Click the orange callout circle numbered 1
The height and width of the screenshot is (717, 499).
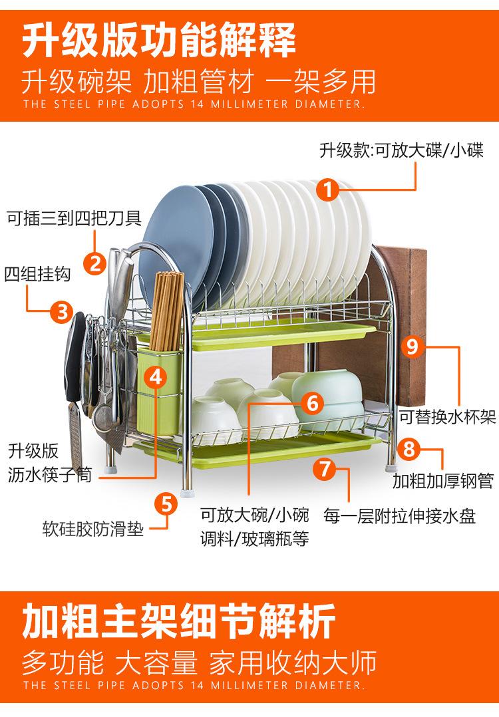(x=327, y=190)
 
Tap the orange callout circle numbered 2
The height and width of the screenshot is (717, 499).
(x=95, y=264)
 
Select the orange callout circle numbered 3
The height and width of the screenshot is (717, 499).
(x=62, y=312)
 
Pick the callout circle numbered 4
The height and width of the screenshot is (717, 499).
(x=156, y=378)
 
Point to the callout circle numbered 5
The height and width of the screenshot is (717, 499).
(x=166, y=504)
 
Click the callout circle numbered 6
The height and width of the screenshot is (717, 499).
(x=313, y=403)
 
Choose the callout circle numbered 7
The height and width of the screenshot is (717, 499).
(x=325, y=469)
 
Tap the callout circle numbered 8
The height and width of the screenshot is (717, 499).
(x=409, y=450)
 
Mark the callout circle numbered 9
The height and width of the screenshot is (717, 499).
(x=412, y=346)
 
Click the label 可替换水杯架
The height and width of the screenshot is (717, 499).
(x=447, y=416)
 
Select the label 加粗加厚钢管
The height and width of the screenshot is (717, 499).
(x=443, y=481)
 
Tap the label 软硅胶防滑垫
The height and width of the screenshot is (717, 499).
(x=93, y=529)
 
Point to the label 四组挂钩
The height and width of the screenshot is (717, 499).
(x=37, y=274)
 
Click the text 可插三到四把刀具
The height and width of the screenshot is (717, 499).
(x=74, y=218)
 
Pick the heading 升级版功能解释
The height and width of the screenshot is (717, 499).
(x=159, y=41)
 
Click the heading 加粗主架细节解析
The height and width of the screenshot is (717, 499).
(x=179, y=621)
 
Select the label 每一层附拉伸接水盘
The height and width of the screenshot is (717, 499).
(x=400, y=515)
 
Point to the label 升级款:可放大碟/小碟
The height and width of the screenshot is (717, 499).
(x=401, y=150)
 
